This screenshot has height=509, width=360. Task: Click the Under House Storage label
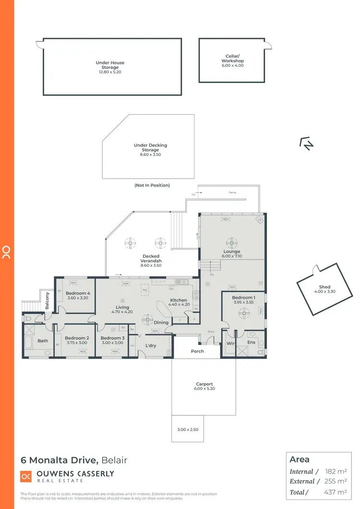click(110, 63)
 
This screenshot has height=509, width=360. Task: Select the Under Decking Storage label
click(150, 145)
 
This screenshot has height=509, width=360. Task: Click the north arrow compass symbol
click(306, 143)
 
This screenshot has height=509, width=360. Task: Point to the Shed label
click(324, 287)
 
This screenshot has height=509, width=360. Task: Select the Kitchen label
click(178, 300)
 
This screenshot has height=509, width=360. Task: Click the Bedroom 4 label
click(78, 293)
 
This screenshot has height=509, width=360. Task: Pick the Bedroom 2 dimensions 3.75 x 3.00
click(75, 343)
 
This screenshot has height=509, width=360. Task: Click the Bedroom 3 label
click(112, 338)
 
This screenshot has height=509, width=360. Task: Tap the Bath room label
click(43, 341)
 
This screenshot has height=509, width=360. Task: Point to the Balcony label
click(48, 301)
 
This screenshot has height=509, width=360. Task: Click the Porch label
click(197, 351)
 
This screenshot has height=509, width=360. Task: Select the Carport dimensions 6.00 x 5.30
click(204, 389)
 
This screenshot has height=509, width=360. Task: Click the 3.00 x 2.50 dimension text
click(188, 430)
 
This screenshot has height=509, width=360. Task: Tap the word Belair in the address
click(114, 461)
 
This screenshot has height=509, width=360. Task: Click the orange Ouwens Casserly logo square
click(26, 476)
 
